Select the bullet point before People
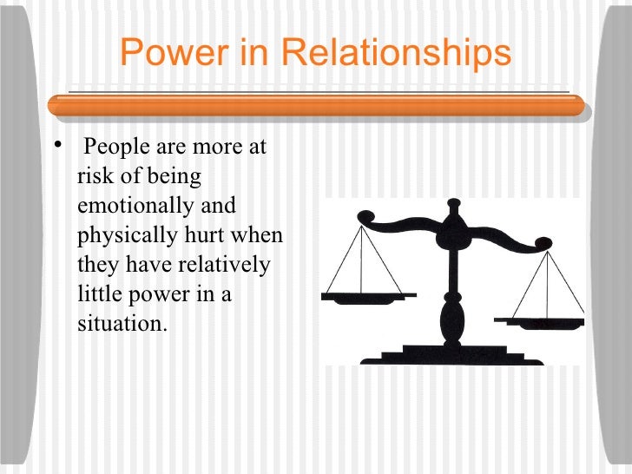(x=57, y=143)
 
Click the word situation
(x=120, y=325)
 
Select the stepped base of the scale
(x=451, y=352)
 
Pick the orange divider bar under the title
(x=316, y=105)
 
